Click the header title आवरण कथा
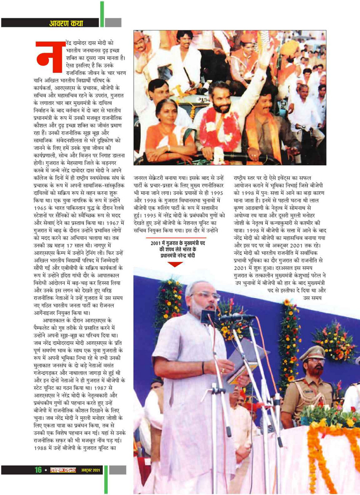click(66, 23)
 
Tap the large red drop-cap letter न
click(49, 57)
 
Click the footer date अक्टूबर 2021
click(90, 470)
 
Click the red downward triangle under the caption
click(175, 264)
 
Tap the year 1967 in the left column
click(116, 223)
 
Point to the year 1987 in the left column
click(105, 388)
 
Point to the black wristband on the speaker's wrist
click(203, 367)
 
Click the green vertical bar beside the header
click(102, 14)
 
